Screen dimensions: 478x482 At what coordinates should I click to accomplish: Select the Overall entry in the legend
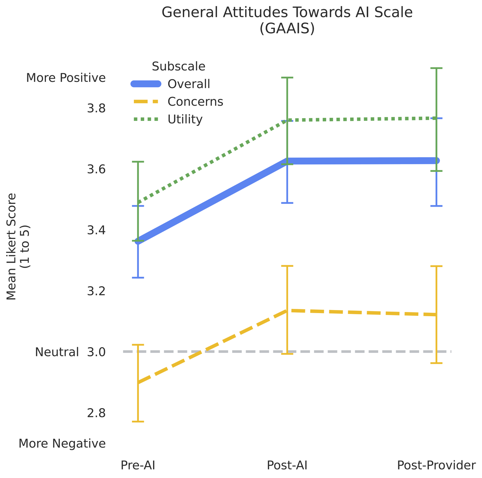(x=189, y=84)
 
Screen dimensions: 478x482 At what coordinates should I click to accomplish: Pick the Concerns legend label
(x=195, y=102)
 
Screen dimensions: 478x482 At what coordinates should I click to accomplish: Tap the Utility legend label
(x=185, y=119)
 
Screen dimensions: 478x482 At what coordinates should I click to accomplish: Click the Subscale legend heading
(x=179, y=66)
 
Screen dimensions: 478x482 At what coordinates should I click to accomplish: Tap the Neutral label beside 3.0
(x=57, y=352)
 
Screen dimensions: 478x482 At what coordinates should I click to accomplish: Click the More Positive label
(x=66, y=78)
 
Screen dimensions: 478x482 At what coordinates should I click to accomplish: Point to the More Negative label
(x=62, y=444)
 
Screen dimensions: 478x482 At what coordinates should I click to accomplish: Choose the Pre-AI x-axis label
(x=138, y=466)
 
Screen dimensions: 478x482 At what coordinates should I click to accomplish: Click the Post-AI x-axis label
(x=287, y=466)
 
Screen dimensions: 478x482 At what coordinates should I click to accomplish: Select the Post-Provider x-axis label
(x=436, y=466)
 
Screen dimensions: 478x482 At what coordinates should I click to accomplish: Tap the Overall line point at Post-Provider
(x=436, y=161)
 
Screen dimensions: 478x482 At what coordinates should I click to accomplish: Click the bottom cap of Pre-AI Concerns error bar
(x=138, y=422)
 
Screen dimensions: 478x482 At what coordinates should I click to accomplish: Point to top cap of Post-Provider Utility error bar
(x=436, y=68)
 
